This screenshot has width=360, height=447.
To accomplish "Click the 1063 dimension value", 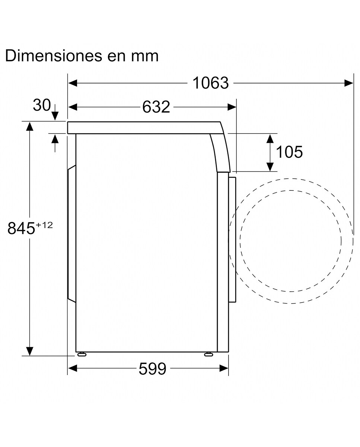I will click(210, 83).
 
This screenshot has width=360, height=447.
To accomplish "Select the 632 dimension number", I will click(156, 107).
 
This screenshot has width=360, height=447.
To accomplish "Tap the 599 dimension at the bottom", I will click(152, 369).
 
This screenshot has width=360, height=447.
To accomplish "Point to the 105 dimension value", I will click(289, 152).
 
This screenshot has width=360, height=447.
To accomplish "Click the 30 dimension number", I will click(41, 105).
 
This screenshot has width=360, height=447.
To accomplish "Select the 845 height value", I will click(21, 229).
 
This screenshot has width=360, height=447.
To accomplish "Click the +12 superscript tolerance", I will click(44, 225).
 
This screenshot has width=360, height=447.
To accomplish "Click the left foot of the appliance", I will click(81, 354).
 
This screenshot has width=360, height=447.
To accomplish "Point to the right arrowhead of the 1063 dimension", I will click(349, 83).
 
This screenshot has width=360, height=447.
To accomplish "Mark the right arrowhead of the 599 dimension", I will click(224, 368).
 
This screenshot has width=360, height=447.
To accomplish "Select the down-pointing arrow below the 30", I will click(55, 115).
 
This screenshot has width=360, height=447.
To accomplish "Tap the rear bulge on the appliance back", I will click(71, 233).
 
